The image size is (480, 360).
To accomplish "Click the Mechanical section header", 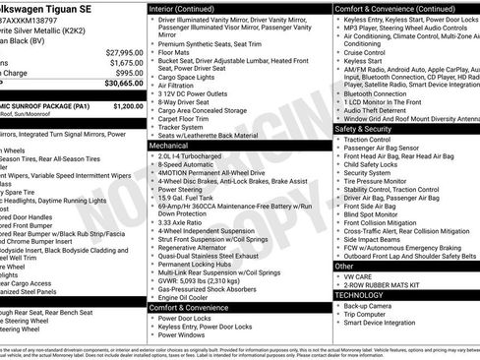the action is pos(169,145).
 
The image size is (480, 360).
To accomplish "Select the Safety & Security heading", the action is pos(363,129).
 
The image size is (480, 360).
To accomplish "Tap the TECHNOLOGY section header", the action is pos(359,294).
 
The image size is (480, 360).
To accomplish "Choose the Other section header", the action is pos(344,266).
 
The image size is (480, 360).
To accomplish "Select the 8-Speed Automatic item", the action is pos(184,164).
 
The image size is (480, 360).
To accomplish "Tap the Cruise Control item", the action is pos(368,53).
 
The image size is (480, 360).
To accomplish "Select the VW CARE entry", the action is pos(360,276).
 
